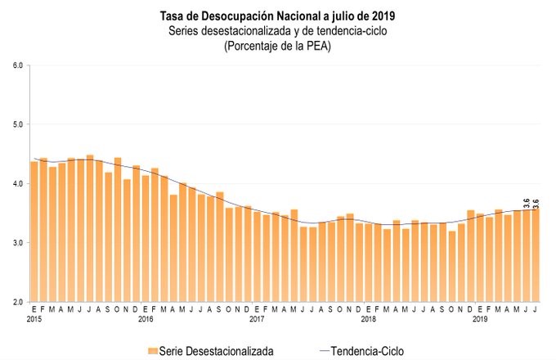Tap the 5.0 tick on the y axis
[17, 124]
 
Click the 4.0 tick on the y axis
[17, 183]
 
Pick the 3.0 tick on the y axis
[17, 243]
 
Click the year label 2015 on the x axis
[34, 319]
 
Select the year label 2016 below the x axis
[146, 319]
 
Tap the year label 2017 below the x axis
[257, 319]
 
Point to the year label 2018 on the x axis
[369, 319]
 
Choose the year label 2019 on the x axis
[481, 319]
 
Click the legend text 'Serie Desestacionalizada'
[217, 350]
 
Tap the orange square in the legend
[152, 350]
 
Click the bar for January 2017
[257, 257]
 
